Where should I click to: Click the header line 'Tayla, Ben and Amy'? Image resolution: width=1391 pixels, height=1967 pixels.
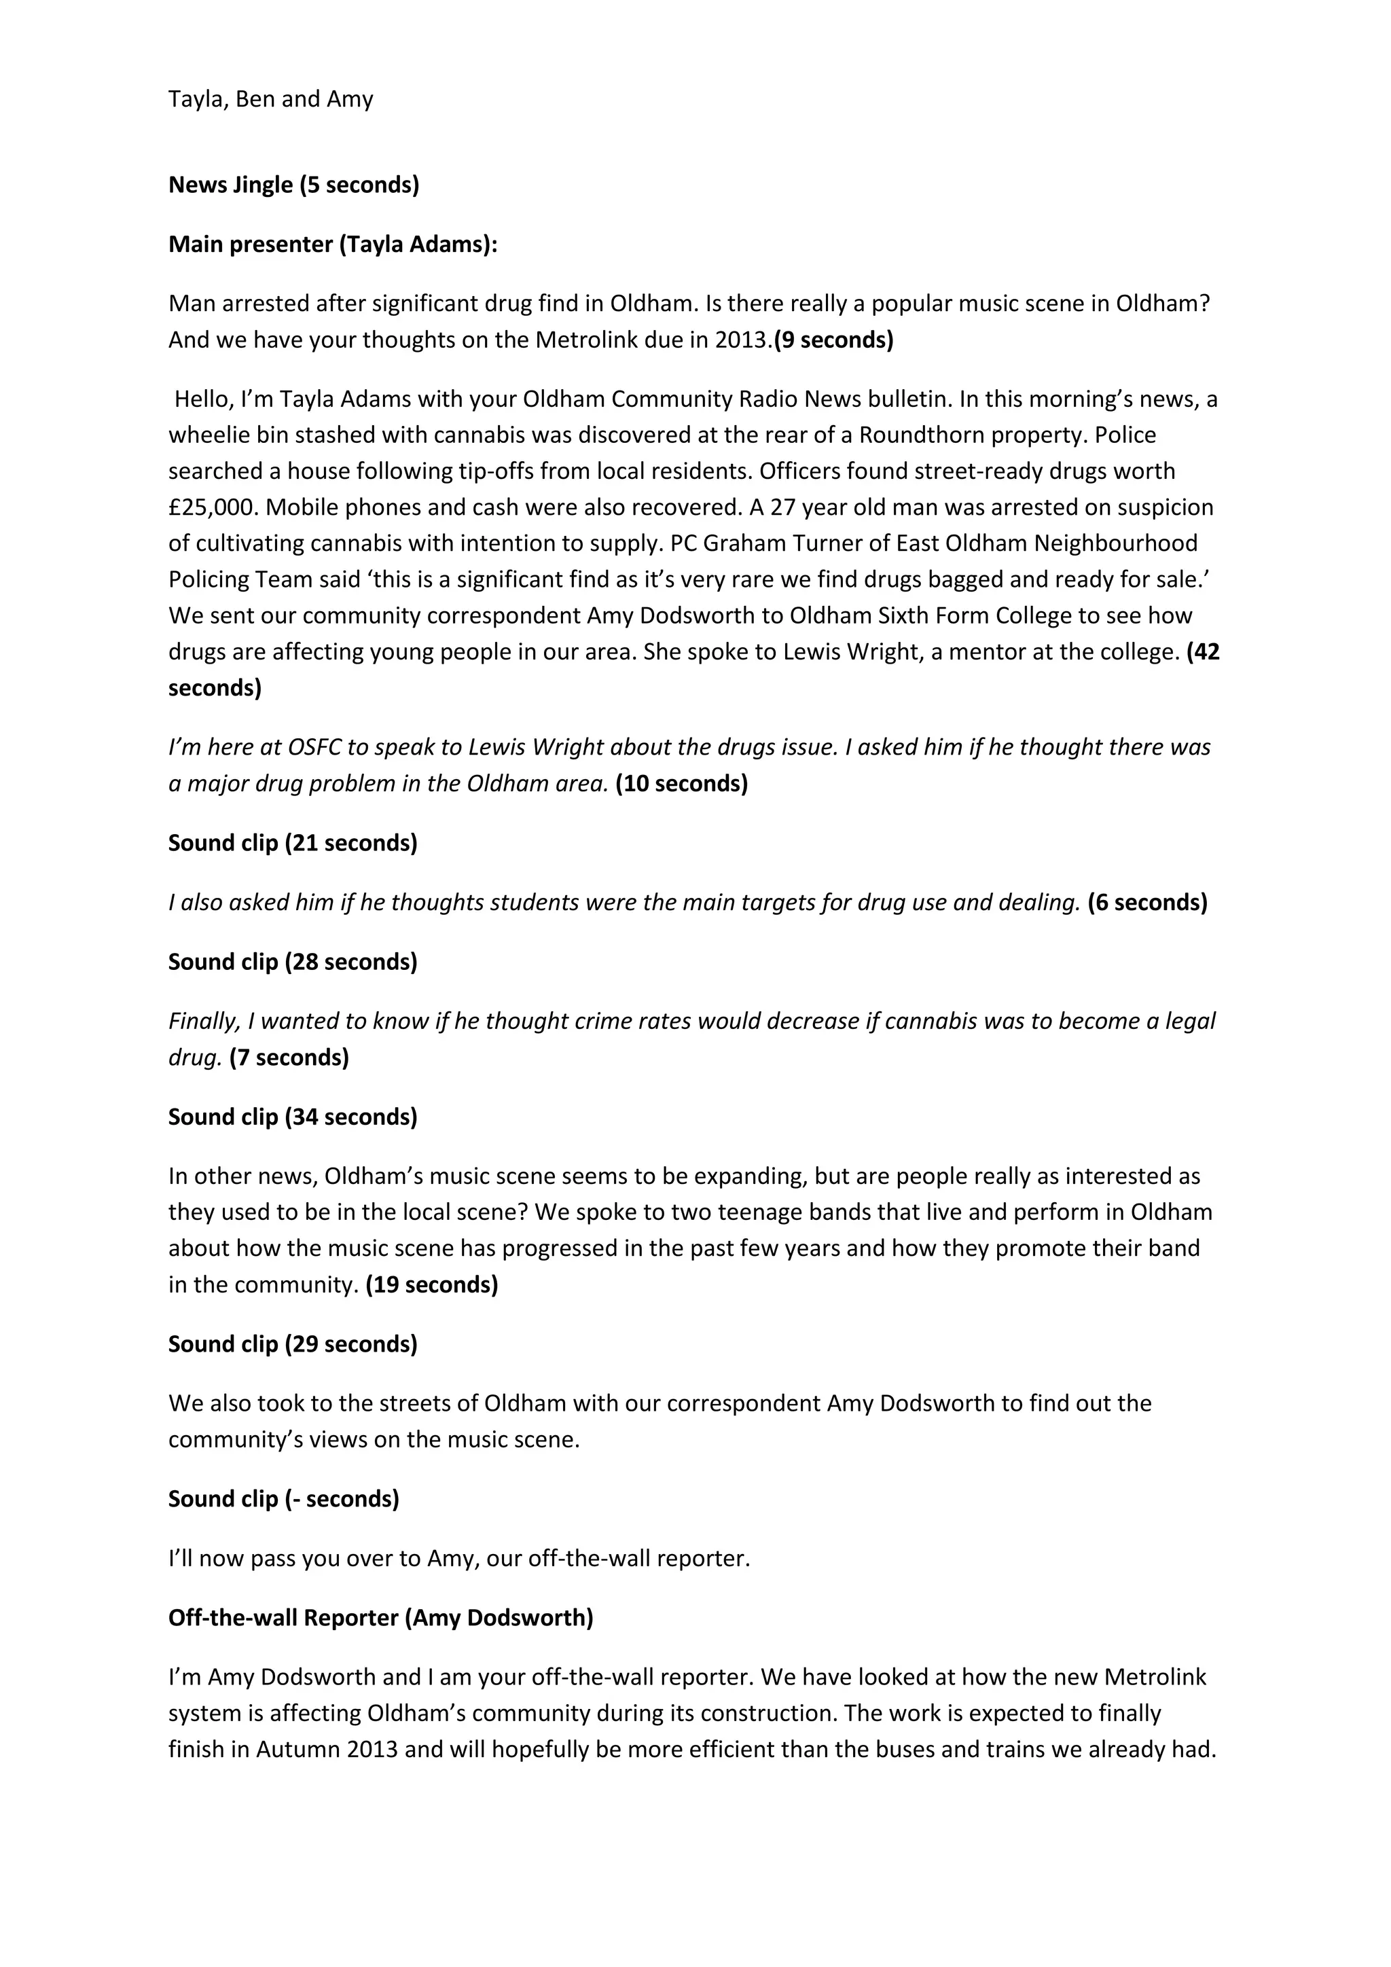click(x=271, y=99)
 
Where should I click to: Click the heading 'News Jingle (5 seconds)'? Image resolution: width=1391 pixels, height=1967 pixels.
click(x=294, y=185)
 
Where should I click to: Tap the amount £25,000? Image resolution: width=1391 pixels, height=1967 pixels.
click(x=213, y=507)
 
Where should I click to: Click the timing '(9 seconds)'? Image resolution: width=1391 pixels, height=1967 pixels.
click(x=833, y=340)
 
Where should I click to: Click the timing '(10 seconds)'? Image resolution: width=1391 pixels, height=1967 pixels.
click(x=681, y=784)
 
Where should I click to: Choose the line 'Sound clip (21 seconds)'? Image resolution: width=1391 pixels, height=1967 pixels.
click(x=293, y=843)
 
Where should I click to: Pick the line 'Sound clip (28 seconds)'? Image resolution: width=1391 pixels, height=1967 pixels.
click(x=293, y=962)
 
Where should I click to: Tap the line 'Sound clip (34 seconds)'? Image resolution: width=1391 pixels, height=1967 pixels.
click(x=293, y=1117)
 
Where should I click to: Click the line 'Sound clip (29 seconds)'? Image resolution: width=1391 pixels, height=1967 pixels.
click(x=293, y=1344)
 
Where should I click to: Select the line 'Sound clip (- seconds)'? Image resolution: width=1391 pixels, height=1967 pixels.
click(x=283, y=1498)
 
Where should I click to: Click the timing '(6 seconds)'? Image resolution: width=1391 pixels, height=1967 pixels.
click(x=1147, y=903)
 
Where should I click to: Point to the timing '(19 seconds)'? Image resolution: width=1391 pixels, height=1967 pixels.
click(x=432, y=1285)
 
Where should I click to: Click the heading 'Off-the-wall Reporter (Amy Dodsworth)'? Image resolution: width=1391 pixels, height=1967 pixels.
click(x=380, y=1617)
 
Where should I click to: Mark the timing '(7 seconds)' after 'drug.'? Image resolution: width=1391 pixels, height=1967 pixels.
click(x=289, y=1058)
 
